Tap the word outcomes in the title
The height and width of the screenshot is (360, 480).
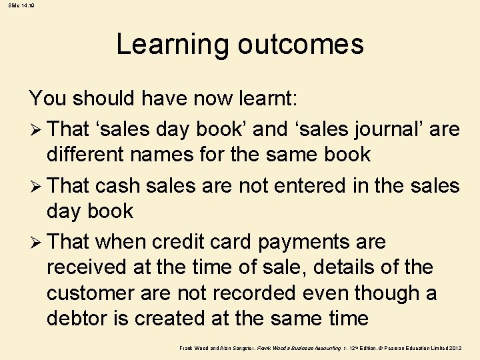click(x=300, y=45)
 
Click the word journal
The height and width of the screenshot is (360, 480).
click(x=378, y=128)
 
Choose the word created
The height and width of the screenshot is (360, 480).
click(x=175, y=318)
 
